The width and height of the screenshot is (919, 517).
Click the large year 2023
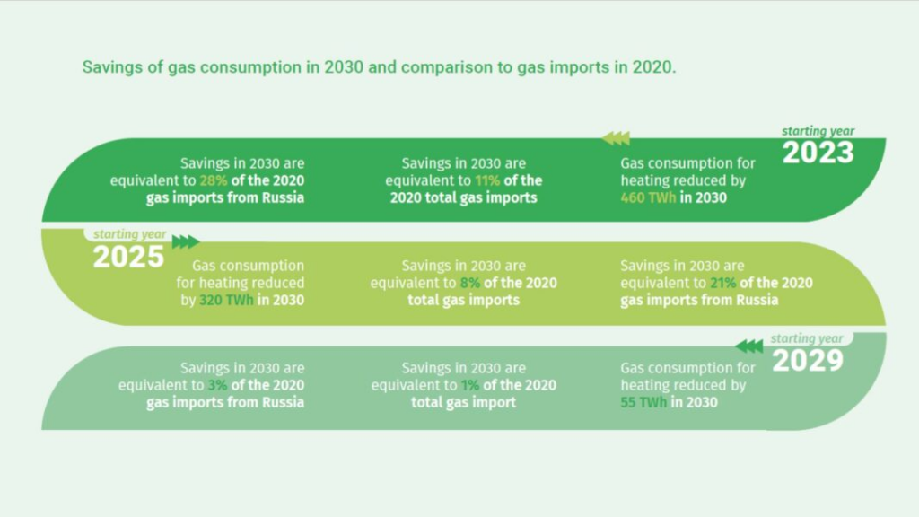(818, 153)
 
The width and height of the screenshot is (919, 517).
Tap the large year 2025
(128, 257)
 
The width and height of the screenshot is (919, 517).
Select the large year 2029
(808, 360)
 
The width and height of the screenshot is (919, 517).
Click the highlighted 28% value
(214, 180)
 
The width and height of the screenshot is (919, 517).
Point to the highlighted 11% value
(487, 180)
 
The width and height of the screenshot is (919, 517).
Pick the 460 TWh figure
(648, 197)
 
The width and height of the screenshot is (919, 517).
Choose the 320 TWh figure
(226, 300)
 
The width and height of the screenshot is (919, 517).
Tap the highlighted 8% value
(470, 283)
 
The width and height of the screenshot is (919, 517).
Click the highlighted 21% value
(723, 283)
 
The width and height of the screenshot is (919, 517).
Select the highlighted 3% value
(217, 385)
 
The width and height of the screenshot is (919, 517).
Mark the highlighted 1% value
(470, 385)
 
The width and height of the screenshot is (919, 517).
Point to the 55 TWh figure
(643, 402)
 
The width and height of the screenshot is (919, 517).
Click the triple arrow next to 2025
(186, 241)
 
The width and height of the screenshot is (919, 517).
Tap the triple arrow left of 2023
(616, 138)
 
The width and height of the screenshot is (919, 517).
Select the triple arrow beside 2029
(749, 346)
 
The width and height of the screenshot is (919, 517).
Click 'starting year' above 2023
(818, 131)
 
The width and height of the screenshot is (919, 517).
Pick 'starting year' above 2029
(807, 338)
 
